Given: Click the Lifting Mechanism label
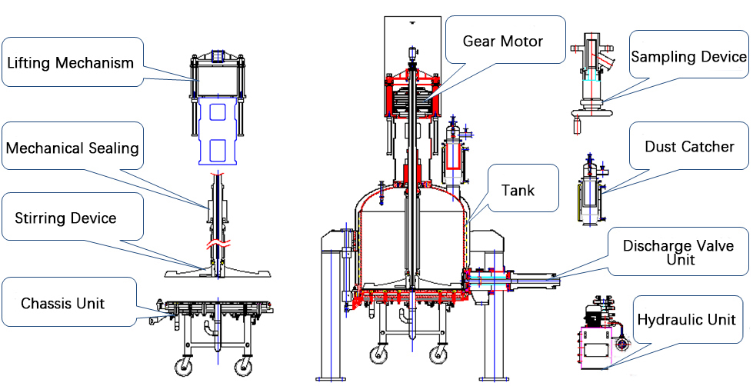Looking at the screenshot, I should [70, 62].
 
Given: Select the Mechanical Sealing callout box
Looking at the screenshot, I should [72, 147].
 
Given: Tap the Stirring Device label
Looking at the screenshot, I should [65, 218].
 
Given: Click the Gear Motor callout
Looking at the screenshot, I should [502, 41].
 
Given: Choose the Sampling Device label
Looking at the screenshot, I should [688, 57].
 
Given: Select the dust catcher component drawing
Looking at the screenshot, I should [590, 188].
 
